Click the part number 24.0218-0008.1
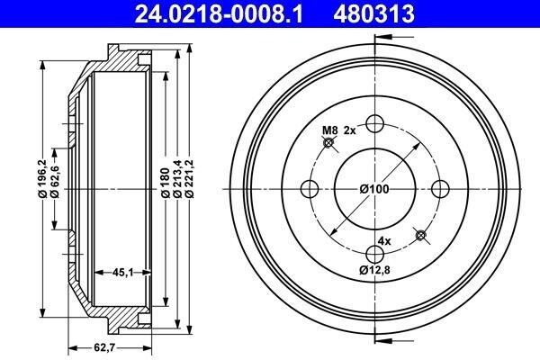219,13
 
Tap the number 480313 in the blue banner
373,13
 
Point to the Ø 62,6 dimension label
55,182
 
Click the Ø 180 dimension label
166,183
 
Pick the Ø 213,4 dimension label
177,179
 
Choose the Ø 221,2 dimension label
190,179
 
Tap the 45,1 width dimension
123,272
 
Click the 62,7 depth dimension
104,348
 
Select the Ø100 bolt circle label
374,189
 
